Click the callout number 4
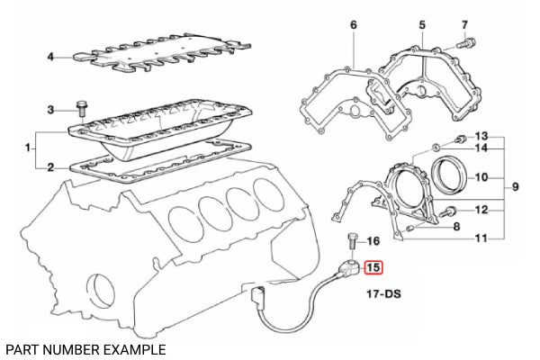click(x=50, y=57)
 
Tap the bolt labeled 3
click(x=82, y=110)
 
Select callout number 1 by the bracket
click(x=28, y=148)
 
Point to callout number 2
click(x=50, y=167)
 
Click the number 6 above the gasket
click(x=354, y=25)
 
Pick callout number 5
click(x=422, y=25)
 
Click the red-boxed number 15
click(x=373, y=267)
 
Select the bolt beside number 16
click(x=352, y=242)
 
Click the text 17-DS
click(x=383, y=294)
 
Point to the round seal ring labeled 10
click(x=450, y=175)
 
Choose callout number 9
click(x=515, y=186)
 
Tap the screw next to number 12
click(x=447, y=211)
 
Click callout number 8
click(x=456, y=226)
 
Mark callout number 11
click(x=481, y=238)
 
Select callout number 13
click(x=481, y=136)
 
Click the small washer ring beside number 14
click(x=436, y=148)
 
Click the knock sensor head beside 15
click(x=351, y=267)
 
